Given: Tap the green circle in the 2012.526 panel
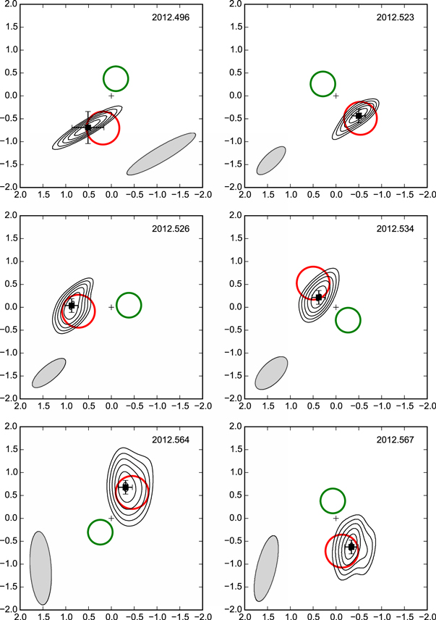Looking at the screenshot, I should tap(129, 305).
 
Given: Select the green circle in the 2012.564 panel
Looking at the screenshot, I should tap(101, 532).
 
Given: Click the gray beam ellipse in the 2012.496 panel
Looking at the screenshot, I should tap(161, 154).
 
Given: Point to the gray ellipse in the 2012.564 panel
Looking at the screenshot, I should tap(40, 568).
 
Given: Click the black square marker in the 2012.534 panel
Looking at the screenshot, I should tap(319, 297).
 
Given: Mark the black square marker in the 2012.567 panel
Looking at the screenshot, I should tap(351, 547).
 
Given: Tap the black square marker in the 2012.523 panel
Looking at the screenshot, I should tap(359, 116).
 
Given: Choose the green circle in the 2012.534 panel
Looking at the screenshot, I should tap(349, 320).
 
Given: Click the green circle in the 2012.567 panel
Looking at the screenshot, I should tap(333, 500).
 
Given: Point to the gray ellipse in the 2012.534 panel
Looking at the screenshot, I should tap(271, 372).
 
